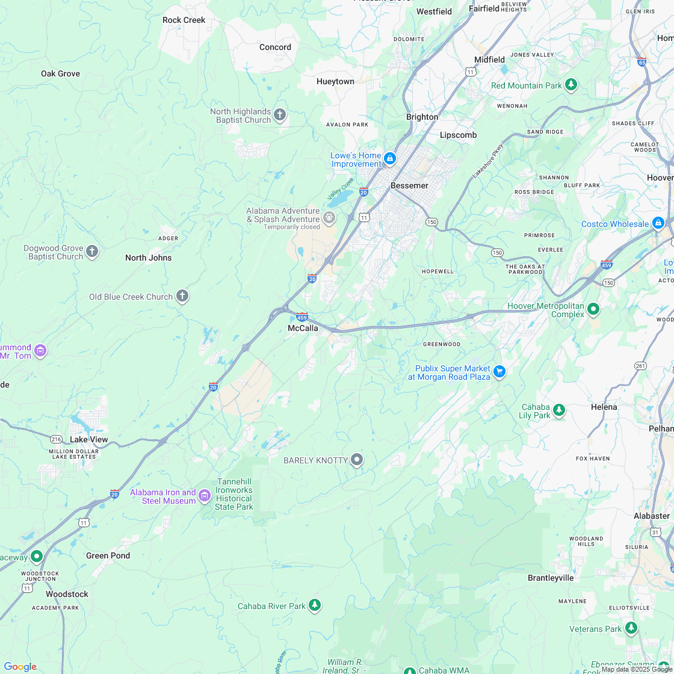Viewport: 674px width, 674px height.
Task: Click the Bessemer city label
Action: (x=409, y=185)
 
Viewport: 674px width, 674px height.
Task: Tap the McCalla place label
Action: (x=303, y=328)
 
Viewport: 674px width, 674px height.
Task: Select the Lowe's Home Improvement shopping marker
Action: (x=390, y=159)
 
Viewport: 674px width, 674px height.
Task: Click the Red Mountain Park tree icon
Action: (x=571, y=85)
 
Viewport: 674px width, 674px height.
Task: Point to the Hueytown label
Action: (x=335, y=81)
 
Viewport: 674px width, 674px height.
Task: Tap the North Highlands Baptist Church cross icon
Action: (x=279, y=115)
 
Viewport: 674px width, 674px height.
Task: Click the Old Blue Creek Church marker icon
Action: (x=182, y=296)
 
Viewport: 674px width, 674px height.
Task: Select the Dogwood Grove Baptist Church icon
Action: (x=92, y=252)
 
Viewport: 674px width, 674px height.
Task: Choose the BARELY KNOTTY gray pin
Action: (x=357, y=460)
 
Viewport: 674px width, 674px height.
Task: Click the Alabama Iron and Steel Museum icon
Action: (x=205, y=496)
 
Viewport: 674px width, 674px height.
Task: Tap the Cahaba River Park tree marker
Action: (x=315, y=605)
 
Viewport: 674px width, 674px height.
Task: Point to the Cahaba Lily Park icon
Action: (x=559, y=410)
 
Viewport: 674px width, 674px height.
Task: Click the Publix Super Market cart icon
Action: (x=499, y=372)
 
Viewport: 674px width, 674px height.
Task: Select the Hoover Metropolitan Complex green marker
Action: (x=593, y=309)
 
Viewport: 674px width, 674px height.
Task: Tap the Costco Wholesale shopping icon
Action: (x=658, y=223)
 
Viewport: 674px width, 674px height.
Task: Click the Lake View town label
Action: (x=89, y=439)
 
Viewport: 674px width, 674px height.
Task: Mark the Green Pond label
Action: (x=108, y=555)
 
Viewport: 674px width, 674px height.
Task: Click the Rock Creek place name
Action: (x=184, y=20)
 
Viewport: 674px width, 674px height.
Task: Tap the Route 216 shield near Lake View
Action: (x=57, y=439)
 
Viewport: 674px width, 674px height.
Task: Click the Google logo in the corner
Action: (x=20, y=666)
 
